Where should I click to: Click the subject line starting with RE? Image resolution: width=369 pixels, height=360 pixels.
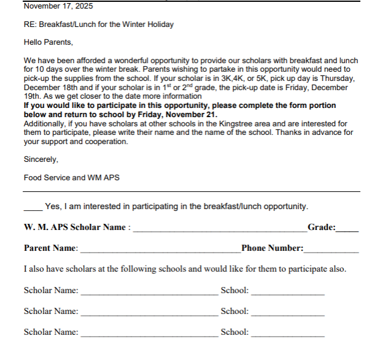tap(98, 25)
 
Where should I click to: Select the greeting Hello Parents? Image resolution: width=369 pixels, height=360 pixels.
tap(48, 42)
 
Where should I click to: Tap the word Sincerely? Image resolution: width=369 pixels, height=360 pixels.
tap(41, 159)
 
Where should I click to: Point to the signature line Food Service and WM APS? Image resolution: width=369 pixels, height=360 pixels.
tap(71, 178)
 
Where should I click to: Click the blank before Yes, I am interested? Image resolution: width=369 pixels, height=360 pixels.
tap(33, 207)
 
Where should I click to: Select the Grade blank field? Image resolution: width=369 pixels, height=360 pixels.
tap(348, 230)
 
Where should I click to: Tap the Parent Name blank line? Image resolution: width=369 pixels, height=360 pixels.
tap(160, 251)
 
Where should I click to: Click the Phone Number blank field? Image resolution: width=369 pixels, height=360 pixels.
tap(331, 251)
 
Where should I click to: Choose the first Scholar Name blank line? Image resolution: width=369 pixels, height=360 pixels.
tap(149, 293)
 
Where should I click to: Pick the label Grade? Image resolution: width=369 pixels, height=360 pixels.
tap(322, 228)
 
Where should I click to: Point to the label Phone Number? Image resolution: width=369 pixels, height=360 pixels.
tap(273, 248)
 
